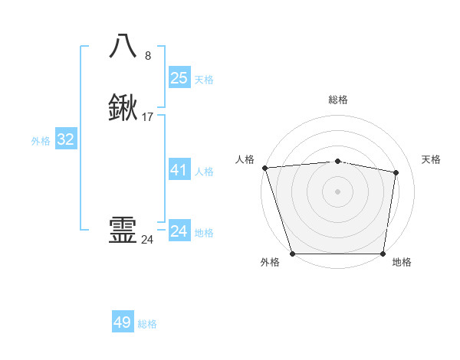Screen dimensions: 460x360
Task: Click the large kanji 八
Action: pyautogui.click(x=123, y=45)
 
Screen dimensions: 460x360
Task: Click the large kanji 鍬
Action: pyautogui.click(x=123, y=108)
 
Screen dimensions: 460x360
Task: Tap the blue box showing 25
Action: pyautogui.click(x=179, y=78)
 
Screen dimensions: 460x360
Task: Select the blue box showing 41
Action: pyautogui.click(x=179, y=170)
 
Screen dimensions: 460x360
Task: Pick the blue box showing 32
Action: pyautogui.click(x=65, y=139)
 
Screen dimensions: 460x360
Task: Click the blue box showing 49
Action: pyautogui.click(x=123, y=322)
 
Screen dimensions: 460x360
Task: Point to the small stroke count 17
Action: pyautogui.click(x=148, y=117)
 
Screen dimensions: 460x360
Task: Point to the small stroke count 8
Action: pyautogui.click(x=147, y=55)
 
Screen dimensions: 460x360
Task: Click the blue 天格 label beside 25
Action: pyautogui.click(x=204, y=80)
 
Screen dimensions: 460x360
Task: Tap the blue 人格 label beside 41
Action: pyautogui.click(x=204, y=172)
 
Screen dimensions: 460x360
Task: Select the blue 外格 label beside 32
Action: pyautogui.click(x=41, y=141)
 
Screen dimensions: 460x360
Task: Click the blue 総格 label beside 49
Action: pyautogui.click(x=147, y=324)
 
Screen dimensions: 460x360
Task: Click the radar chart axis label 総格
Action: pyautogui.click(x=337, y=100)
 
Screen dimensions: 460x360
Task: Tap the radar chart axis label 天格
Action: pyautogui.click(x=432, y=159)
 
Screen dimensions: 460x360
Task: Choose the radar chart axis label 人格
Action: pyautogui.click(x=245, y=159)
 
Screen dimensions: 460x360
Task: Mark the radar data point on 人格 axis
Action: pyautogui.click(x=264, y=168)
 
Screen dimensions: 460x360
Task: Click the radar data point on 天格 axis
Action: pyautogui.click(x=396, y=172)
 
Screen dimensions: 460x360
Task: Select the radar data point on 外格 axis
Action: pyautogui.click(x=293, y=253)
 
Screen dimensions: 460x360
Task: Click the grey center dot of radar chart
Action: pyautogui.click(x=337, y=191)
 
